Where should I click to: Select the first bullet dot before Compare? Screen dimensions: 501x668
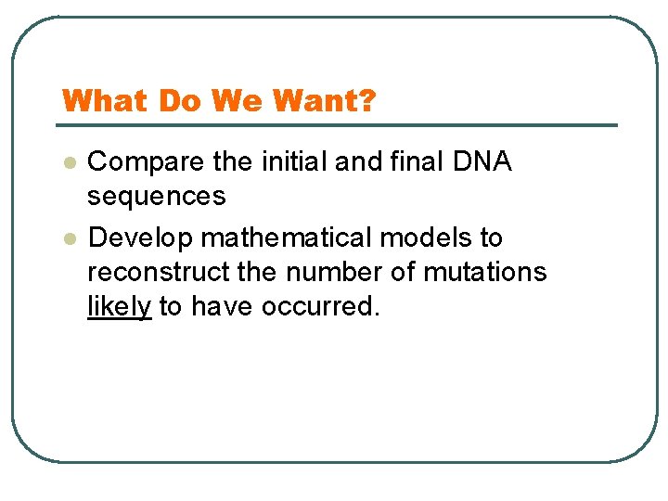pyautogui.click(x=68, y=162)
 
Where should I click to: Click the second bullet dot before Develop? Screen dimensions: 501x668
pyautogui.click(x=68, y=238)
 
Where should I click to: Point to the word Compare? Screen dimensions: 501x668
pyautogui.click(x=146, y=162)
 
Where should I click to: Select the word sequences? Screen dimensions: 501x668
pyautogui.click(x=156, y=197)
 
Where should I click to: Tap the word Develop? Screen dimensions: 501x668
pyautogui.click(x=140, y=238)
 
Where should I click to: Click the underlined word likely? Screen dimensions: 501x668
pyautogui.click(x=119, y=307)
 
